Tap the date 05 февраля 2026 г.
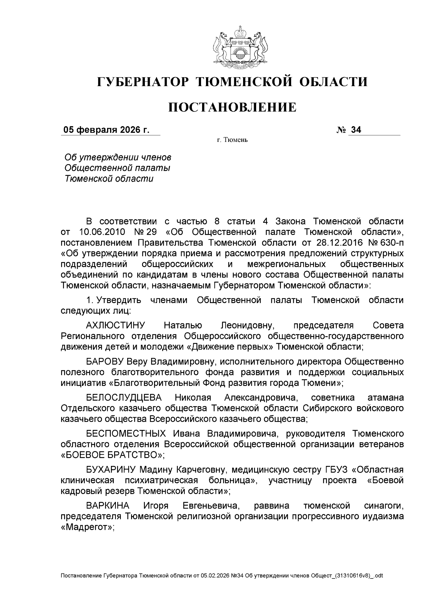(106, 130)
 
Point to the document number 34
(356, 130)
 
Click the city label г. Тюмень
(232, 140)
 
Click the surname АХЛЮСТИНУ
(116, 325)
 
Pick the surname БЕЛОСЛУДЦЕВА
(124, 398)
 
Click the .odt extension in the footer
(379, 576)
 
